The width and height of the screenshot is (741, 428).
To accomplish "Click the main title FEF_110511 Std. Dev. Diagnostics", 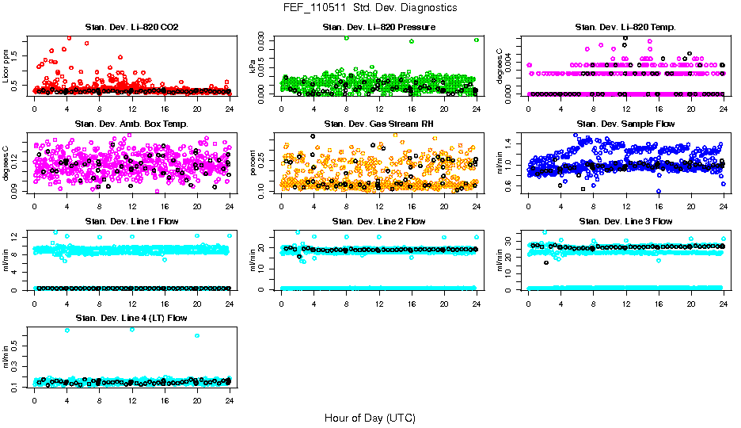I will (370, 8).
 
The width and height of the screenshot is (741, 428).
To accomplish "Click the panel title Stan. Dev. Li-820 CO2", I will (131, 28).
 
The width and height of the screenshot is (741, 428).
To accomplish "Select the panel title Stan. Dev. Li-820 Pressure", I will (378, 28).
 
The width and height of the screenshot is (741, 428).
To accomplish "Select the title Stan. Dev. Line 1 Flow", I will (131, 221).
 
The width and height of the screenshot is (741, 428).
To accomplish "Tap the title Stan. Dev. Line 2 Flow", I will (378, 221).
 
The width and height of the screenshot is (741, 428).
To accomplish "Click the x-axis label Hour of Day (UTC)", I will (370, 418).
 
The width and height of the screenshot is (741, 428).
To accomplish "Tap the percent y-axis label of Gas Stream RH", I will (254, 163).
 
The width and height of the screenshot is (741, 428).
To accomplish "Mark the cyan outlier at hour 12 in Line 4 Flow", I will (131, 329).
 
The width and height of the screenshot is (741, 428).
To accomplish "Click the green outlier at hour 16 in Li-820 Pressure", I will (412, 41).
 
